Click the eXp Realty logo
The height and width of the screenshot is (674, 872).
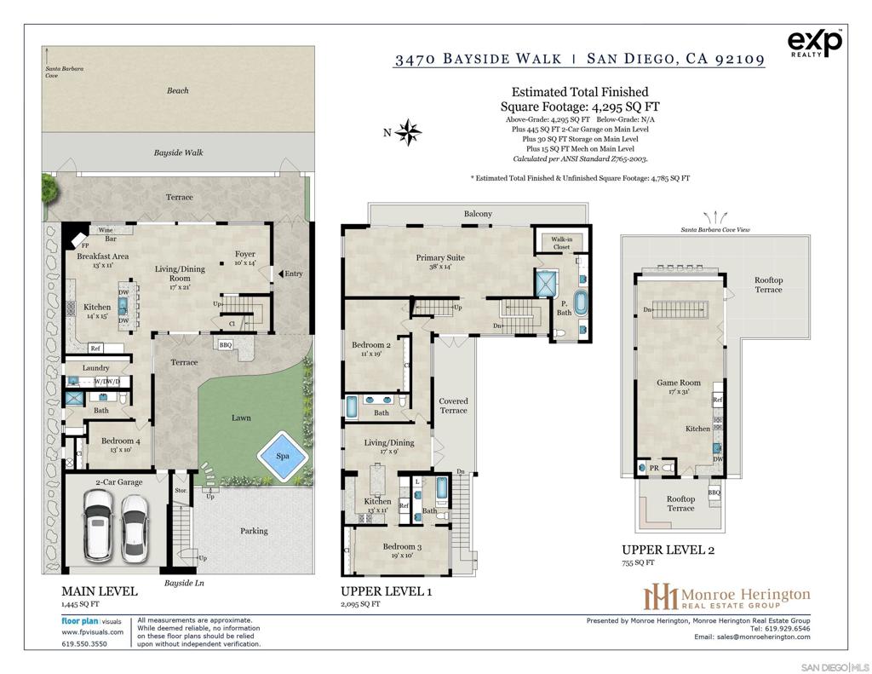[x=815, y=43]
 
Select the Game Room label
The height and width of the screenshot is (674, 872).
[x=679, y=383]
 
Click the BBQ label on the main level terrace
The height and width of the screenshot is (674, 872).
[x=226, y=345]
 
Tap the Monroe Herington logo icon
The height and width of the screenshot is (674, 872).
[x=661, y=596]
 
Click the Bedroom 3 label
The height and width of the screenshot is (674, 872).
[x=402, y=546]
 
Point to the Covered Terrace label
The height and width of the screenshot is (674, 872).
[x=453, y=406]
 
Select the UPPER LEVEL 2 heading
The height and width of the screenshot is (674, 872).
[x=668, y=550]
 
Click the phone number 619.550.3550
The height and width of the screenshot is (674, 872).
[x=84, y=644]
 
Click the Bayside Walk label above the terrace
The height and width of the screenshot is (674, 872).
[x=178, y=153]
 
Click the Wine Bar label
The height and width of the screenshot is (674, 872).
[x=107, y=234]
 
